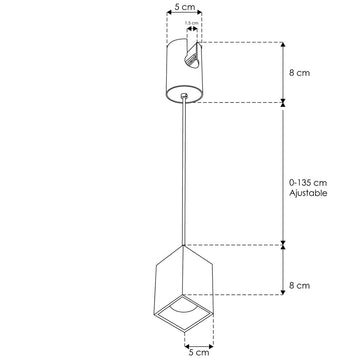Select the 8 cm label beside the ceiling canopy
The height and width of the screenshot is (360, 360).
point(300,72)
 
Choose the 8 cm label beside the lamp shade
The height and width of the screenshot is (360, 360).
point(300,285)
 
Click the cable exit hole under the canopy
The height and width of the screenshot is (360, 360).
point(185,95)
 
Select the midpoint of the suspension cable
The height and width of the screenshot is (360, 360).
point(185,170)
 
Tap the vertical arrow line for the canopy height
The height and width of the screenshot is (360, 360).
point(284,71)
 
